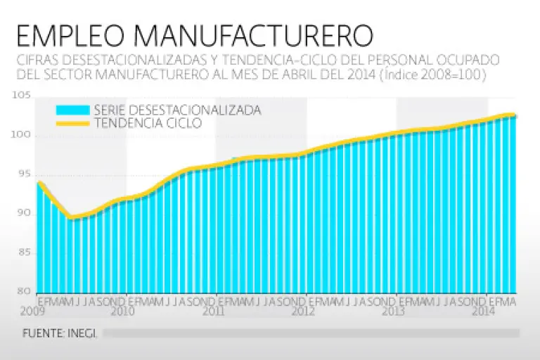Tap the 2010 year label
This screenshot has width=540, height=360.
(x=122, y=310)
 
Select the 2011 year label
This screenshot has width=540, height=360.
(x=213, y=310)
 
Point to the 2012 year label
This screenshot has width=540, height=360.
(x=303, y=310)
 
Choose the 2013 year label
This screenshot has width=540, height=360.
(x=393, y=310)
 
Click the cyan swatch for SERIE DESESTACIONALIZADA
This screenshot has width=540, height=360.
(x=72, y=110)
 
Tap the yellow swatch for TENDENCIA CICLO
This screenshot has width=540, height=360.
(x=72, y=123)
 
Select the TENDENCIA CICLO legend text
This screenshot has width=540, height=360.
(x=148, y=123)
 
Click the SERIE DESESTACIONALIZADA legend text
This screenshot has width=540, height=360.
(x=177, y=110)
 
